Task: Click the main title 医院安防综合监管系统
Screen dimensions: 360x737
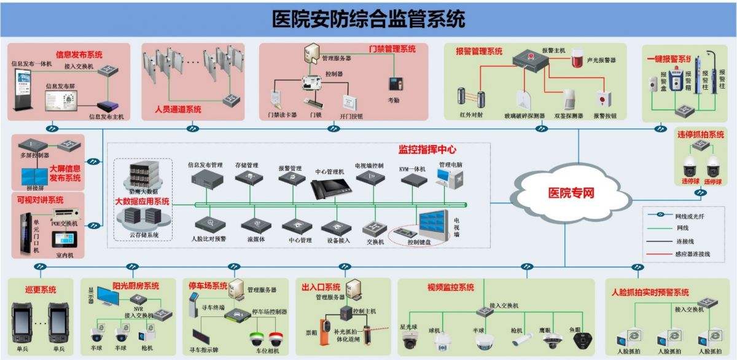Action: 368,18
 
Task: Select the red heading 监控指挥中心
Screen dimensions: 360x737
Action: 427,149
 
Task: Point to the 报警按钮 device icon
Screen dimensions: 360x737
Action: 603,98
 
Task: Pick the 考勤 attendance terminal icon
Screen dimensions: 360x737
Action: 393,84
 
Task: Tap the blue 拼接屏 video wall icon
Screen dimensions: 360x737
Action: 34,175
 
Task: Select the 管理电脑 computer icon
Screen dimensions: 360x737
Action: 445,177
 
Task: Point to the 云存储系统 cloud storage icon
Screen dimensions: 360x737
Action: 142,217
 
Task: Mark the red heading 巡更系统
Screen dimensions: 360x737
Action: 40,289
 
